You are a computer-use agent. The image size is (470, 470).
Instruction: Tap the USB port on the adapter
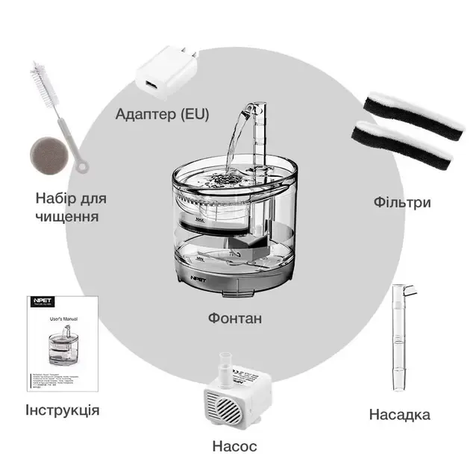149,81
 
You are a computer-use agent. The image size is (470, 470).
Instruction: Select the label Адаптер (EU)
162,114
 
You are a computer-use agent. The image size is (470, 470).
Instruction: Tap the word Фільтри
401,202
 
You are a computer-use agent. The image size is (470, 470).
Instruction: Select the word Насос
234,446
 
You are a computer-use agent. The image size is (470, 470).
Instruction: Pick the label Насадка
399,415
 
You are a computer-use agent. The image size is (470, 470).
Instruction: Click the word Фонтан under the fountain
234,319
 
